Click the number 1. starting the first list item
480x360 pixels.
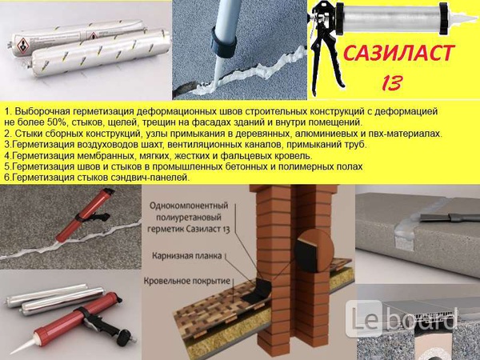click(x=7, y=109)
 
